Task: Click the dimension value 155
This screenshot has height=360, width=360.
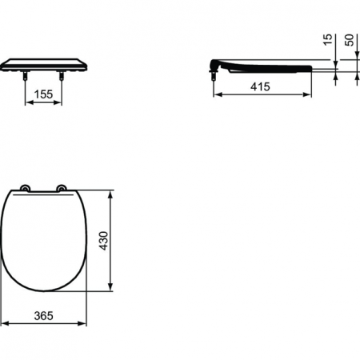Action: pyautogui.click(x=44, y=95)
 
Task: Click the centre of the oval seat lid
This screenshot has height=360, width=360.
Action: pyautogui.click(x=45, y=240)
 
